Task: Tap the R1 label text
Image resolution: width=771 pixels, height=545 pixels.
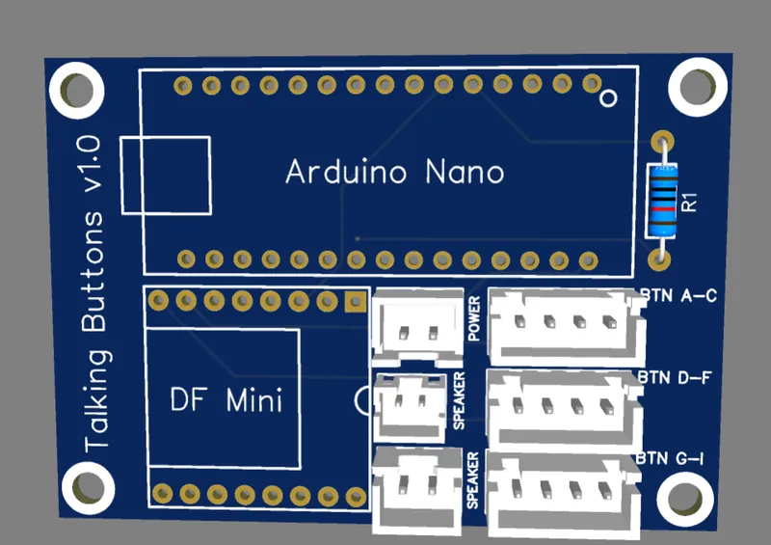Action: [689, 202]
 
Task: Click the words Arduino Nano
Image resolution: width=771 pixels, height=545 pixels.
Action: [394, 173]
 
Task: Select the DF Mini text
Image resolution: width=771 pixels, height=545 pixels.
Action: [226, 398]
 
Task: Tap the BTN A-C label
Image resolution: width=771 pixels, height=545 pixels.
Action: [678, 295]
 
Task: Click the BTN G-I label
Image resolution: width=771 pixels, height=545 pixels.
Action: [671, 456]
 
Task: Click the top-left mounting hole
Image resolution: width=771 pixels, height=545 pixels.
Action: [76, 90]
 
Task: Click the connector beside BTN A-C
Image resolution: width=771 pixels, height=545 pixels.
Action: [565, 322]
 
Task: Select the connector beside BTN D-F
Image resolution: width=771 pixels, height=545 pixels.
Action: [563, 406]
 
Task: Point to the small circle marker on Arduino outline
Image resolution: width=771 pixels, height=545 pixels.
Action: [608, 98]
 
